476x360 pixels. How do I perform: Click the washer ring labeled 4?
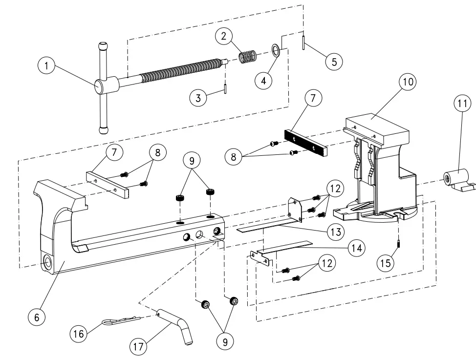(276, 50)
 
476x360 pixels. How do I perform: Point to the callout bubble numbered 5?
(334, 61)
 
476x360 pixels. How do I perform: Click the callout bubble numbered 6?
(36, 317)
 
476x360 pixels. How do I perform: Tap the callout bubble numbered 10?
(407, 83)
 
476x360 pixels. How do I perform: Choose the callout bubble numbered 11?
(463, 104)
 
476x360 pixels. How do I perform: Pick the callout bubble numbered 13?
(334, 232)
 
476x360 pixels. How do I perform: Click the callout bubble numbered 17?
(138, 347)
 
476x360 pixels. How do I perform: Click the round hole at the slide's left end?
(49, 262)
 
